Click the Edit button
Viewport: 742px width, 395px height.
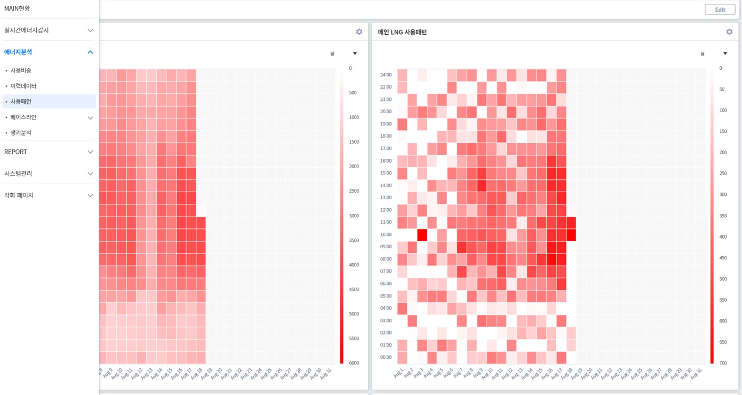720,10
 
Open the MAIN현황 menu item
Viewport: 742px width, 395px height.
17,9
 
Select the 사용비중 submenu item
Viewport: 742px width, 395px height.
21,70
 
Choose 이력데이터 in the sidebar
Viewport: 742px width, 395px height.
23,86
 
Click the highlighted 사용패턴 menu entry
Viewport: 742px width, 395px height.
21,101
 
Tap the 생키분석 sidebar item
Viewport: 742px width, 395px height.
21,132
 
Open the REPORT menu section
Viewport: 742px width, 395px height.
16,152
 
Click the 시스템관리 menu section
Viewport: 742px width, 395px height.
18,173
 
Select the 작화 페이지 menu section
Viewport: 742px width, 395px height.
19,195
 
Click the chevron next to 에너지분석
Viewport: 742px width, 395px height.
90,52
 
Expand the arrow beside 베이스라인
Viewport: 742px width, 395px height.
90,118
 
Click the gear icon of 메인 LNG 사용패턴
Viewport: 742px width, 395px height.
729,32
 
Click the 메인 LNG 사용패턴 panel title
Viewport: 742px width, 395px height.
402,32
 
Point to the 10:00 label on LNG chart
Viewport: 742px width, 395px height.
386,234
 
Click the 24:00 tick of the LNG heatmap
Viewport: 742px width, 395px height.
386,75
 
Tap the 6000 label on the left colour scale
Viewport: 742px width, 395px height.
353,363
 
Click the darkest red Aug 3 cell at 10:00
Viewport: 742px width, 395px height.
422,234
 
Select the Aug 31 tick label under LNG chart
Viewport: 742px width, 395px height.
696,374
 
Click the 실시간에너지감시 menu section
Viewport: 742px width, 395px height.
27,30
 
